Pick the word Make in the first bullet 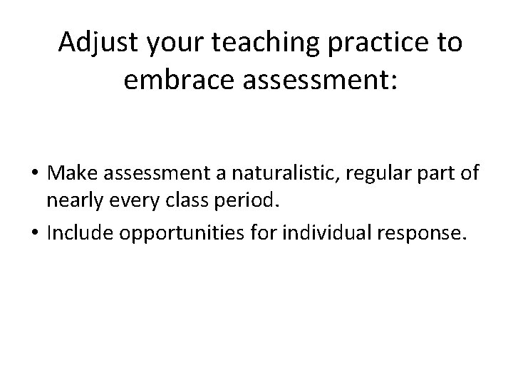(x=71, y=173)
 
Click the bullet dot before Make (x=33, y=173)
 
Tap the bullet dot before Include (x=33, y=233)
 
